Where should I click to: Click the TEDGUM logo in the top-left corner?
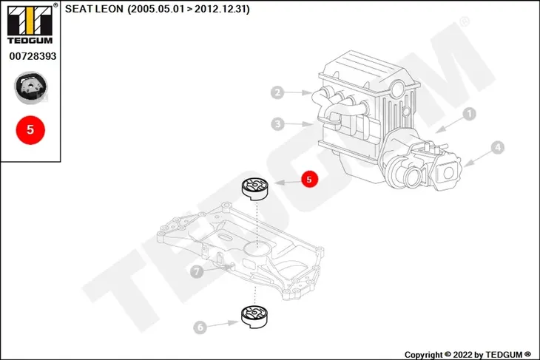coord(30,24)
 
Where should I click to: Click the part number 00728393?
coord(33,56)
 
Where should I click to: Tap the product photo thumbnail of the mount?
coord(30,87)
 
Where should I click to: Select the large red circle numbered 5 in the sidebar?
coord(30,130)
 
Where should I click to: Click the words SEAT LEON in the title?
coord(94,9)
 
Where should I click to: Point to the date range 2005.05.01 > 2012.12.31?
coord(189,9)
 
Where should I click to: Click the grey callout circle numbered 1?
coord(469,114)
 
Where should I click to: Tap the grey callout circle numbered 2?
coord(277,92)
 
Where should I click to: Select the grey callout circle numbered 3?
coord(277,124)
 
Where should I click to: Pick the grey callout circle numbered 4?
coord(497,148)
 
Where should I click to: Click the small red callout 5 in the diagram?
coord(309,179)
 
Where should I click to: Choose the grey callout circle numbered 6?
coord(200,327)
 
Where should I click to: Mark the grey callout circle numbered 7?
coord(197,271)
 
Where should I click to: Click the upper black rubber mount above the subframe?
coord(254,189)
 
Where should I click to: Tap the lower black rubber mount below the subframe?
coord(254,317)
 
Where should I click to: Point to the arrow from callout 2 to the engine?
coord(298,92)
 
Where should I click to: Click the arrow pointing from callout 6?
coord(223,324)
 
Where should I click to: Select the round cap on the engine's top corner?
coord(398,87)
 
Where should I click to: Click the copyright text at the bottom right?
coord(468,355)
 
